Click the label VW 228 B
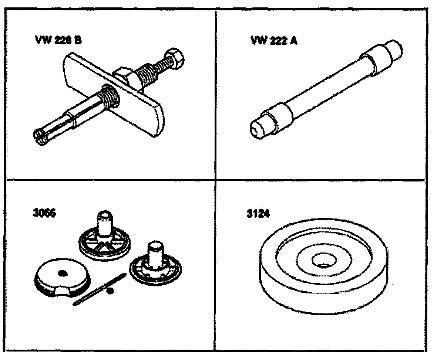[58, 40]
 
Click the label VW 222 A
[274, 40]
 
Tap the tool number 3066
[44, 213]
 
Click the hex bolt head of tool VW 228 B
[175, 58]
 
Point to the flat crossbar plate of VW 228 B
[114, 95]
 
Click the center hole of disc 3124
[324, 260]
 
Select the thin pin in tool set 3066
[100, 290]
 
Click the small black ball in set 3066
[110, 291]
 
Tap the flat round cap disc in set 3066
[62, 277]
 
